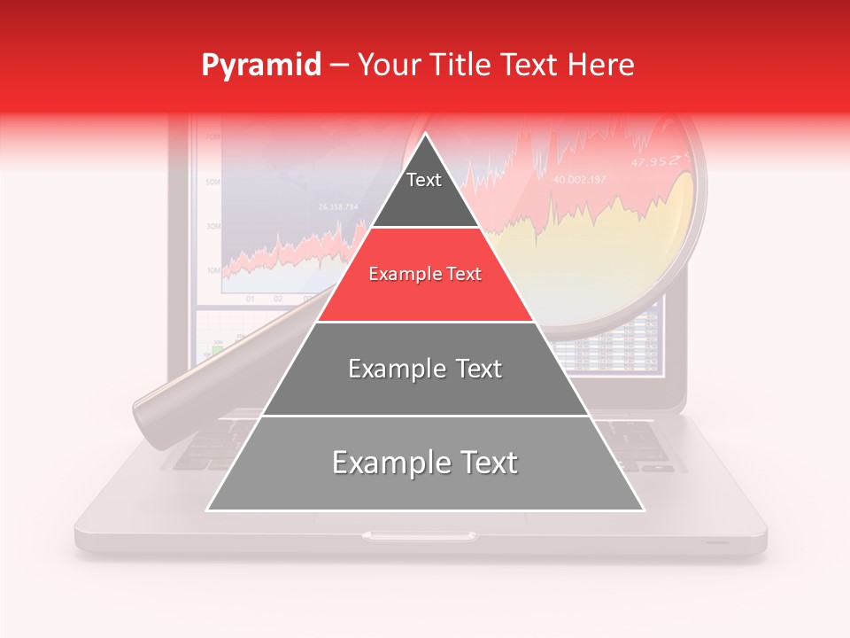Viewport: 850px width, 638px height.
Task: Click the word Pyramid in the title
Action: pos(261,66)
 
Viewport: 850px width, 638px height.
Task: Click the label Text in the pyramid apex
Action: pos(424,180)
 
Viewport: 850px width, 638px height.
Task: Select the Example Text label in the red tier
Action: pos(425,274)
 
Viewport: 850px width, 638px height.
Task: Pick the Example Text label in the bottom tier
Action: pos(425,463)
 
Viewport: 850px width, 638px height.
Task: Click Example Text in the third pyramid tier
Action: pos(425,369)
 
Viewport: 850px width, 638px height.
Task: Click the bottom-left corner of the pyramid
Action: pos(208,510)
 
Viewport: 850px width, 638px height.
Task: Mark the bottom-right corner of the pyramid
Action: pos(643,510)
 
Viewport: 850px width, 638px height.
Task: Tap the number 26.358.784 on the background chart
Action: pos(338,207)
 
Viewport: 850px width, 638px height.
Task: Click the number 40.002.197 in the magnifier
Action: pos(580,180)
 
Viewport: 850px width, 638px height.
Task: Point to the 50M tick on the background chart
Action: pos(212,182)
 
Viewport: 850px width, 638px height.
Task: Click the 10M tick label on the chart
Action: pos(212,269)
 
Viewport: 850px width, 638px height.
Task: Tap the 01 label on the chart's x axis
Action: pos(251,299)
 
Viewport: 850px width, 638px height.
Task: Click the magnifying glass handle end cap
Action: pos(144,411)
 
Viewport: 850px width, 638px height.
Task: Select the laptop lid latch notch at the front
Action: pos(419,535)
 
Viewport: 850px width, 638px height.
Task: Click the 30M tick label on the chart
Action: pos(212,226)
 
